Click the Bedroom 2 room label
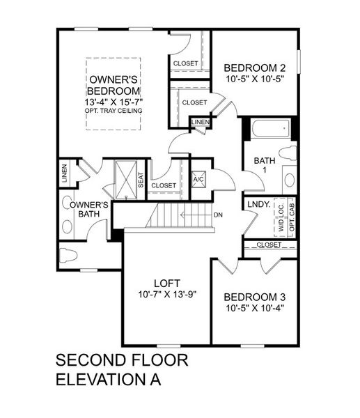coord(255,68)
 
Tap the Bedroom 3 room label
coord(255,295)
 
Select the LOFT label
coord(168,283)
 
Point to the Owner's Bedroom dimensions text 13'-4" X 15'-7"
coord(115,102)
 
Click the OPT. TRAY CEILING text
coord(115,111)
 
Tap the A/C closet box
coord(198,178)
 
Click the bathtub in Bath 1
coord(270,130)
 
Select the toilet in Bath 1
coord(288,153)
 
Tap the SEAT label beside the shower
coord(141,180)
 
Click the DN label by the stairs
coord(218,215)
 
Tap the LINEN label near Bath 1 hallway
coord(201,123)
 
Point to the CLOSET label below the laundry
coord(269,245)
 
